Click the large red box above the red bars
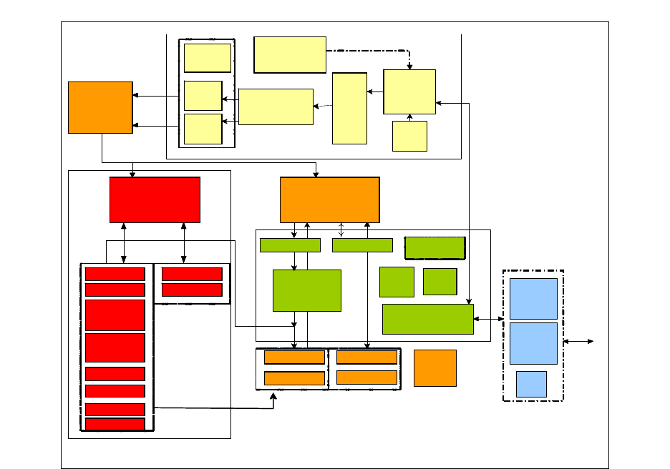coord(155,199)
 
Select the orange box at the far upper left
coord(100,107)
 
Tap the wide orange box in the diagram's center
coord(329,199)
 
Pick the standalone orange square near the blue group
coord(434,368)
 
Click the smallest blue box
coord(531,384)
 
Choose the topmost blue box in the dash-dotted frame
coord(533,298)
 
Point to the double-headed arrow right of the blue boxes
coord(578,342)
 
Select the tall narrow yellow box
coord(349,108)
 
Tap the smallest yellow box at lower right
coord(409,136)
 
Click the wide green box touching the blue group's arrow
coord(427,319)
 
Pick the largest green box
coord(306,290)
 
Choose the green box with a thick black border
coord(434,247)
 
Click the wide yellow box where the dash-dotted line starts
coord(290,54)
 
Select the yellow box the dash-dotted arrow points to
coord(409,92)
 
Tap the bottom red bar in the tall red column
coord(115,424)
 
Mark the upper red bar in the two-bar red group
coord(192,274)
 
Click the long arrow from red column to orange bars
coord(215,409)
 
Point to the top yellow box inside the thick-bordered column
coord(207,58)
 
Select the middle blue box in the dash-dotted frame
coord(533,343)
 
